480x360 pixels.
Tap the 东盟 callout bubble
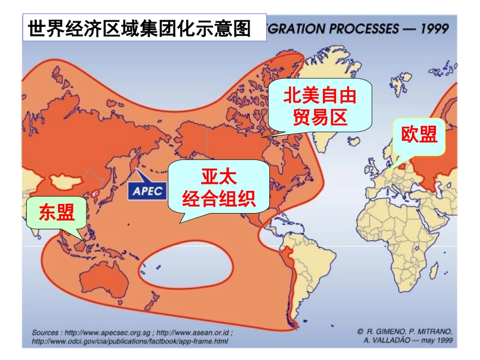coord(56,213)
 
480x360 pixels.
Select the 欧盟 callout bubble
coord(419,135)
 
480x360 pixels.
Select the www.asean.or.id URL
coord(195,333)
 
